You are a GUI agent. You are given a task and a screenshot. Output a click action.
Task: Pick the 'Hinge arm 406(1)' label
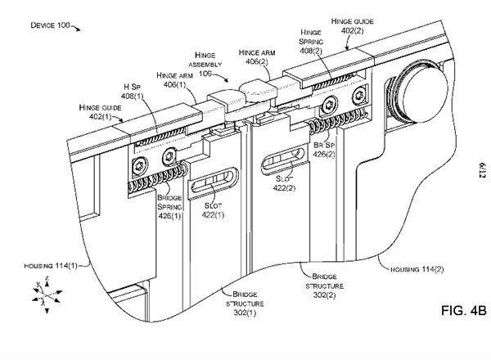click(x=174, y=79)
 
